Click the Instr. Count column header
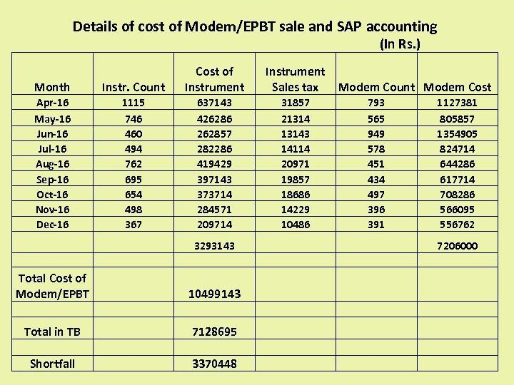pos(133,87)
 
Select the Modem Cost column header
pos(458,87)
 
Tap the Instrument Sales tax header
pos(295,79)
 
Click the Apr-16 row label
pos(53,103)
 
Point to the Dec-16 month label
pos(53,225)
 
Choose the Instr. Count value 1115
pos(133,103)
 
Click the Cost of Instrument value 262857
pos(214,134)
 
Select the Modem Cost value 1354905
pos(458,134)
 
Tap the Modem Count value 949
pos(376,134)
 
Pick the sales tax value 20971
pos(295,164)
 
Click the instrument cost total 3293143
pos(214,246)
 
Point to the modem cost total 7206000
pos(458,246)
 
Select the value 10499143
pos(214,294)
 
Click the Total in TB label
pos(52,332)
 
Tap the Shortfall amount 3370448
pos(214,364)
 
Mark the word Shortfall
pos(52,364)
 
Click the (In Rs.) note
pos(400,44)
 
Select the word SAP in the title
pos(349,27)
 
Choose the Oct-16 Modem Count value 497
pos(376,195)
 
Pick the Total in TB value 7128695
pos(214,332)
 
